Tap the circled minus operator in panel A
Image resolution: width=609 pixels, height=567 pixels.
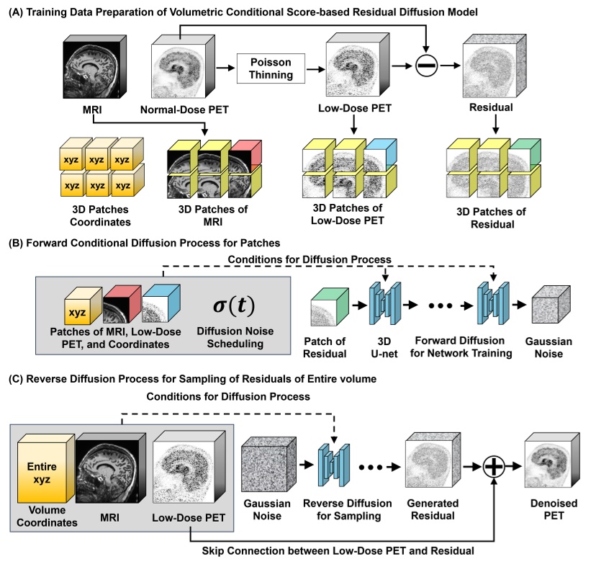pyautogui.click(x=427, y=67)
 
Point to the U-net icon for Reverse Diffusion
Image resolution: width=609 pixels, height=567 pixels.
pyautogui.click(x=334, y=466)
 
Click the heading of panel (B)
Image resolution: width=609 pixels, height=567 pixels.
pyautogui.click(x=144, y=243)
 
